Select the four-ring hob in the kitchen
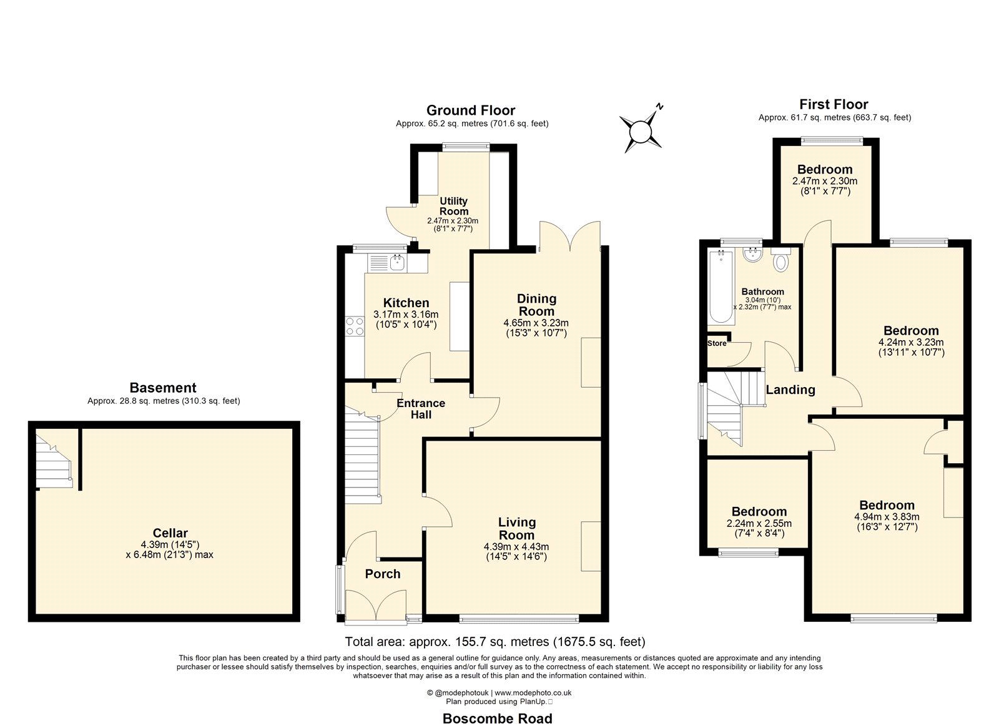355,326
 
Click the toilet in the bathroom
780,260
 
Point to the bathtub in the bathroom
721,287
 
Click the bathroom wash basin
753,255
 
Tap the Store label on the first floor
717,343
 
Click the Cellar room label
170,533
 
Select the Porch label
383,574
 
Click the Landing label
790,390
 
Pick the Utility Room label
454,206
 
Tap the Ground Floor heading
471,110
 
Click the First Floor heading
834,104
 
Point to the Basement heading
163,388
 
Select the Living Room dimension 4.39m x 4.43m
516,547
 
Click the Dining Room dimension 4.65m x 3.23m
536,323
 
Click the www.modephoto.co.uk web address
533,692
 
